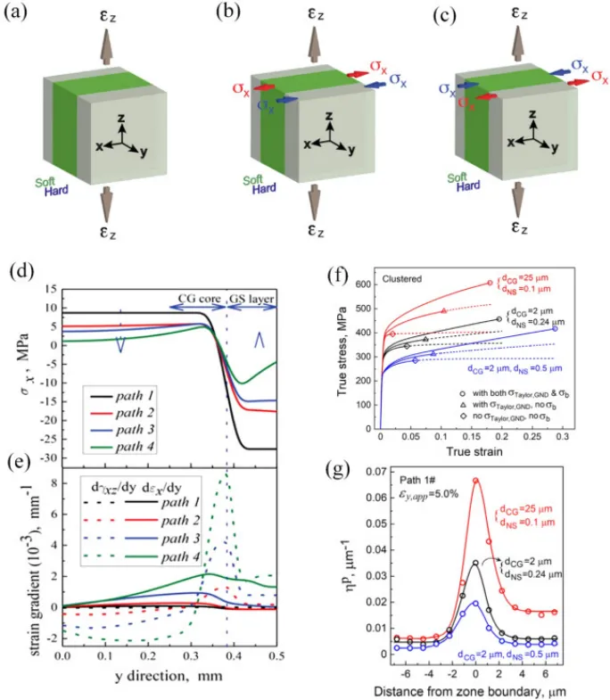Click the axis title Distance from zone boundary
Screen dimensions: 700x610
(479, 689)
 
